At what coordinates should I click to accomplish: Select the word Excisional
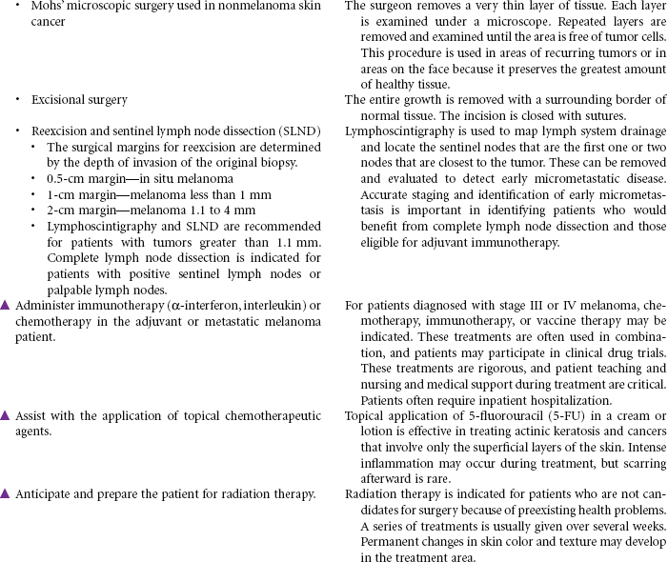[59, 99]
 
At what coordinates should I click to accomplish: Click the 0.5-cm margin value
[65, 178]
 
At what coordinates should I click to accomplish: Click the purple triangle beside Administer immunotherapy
[6, 305]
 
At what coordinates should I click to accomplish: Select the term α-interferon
[180, 305]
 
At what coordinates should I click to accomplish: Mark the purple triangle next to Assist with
[6, 415]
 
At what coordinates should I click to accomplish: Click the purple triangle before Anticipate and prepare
[6, 493]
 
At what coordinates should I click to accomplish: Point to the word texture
[561, 540]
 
